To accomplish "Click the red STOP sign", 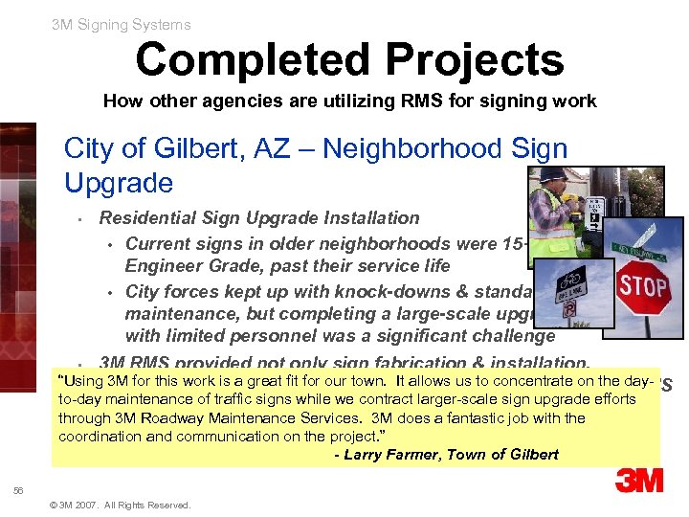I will tap(643, 286).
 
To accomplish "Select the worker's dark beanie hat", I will tap(554, 174).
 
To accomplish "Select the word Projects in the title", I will tap(477, 59).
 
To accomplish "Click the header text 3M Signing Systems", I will tap(122, 25).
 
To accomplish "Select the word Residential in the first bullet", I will tap(146, 218).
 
